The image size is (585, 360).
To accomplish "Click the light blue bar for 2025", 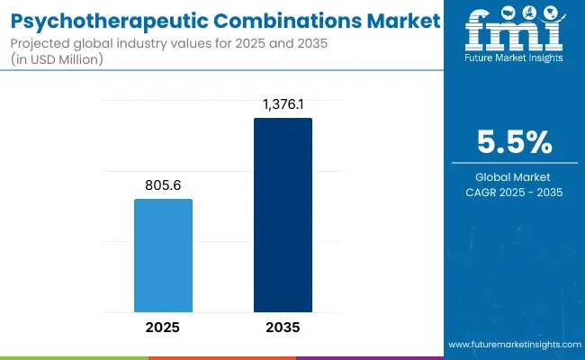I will pyautogui.click(x=163, y=255).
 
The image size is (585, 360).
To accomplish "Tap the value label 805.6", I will pyautogui.click(x=163, y=185).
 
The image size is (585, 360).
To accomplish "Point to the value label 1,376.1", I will pyautogui.click(x=283, y=104).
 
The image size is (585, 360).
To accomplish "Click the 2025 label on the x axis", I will pyautogui.click(x=163, y=327).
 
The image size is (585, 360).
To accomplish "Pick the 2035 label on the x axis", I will pyautogui.click(x=283, y=327).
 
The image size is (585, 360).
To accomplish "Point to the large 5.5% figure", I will pyautogui.click(x=514, y=141).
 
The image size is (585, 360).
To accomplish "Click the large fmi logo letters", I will pyautogui.click(x=513, y=33).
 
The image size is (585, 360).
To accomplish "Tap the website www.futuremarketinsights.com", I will pyautogui.click(x=513, y=345).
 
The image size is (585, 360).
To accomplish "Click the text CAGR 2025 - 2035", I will pyautogui.click(x=514, y=192).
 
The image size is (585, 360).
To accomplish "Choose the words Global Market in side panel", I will pyautogui.click(x=514, y=177).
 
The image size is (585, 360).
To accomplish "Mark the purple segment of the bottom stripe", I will pyautogui.click(x=369, y=357).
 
